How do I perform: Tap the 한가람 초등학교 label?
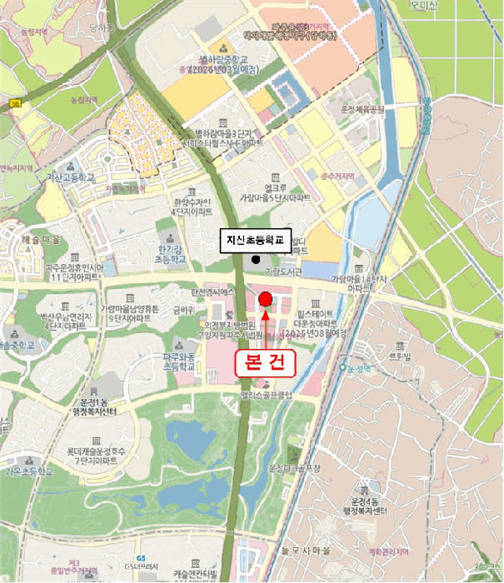coord(174,255)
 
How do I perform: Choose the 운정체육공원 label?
coord(361,108)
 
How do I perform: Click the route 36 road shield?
coord(17,102)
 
